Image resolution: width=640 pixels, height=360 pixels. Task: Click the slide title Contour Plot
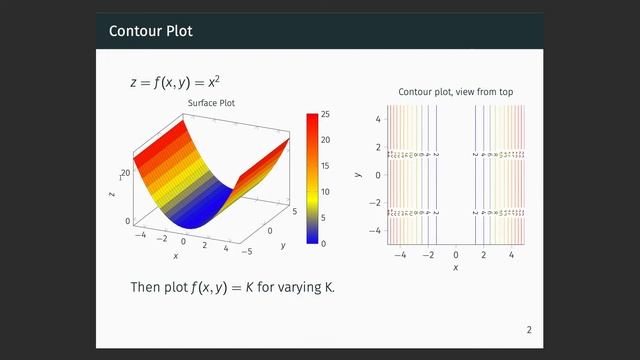[151, 32]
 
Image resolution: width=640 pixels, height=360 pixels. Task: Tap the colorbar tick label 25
[326, 115]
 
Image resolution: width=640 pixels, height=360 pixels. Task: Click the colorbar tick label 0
[323, 243]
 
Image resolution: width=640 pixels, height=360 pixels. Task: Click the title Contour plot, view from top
[456, 92]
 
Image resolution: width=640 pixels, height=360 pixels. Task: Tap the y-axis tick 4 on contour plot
[378, 119]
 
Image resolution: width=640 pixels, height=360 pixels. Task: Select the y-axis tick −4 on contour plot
[376, 229]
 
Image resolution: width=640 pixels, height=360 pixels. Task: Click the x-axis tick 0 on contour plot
[456, 255]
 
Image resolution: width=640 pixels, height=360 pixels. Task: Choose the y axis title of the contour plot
[358, 174]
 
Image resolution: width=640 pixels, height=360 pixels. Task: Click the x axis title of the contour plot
[456, 268]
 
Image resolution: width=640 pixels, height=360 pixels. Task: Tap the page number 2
[529, 330]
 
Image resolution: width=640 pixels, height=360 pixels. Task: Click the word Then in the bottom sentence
[146, 287]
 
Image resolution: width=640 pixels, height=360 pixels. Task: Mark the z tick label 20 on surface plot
[126, 173]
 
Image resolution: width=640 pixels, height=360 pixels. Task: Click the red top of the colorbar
[311, 118]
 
